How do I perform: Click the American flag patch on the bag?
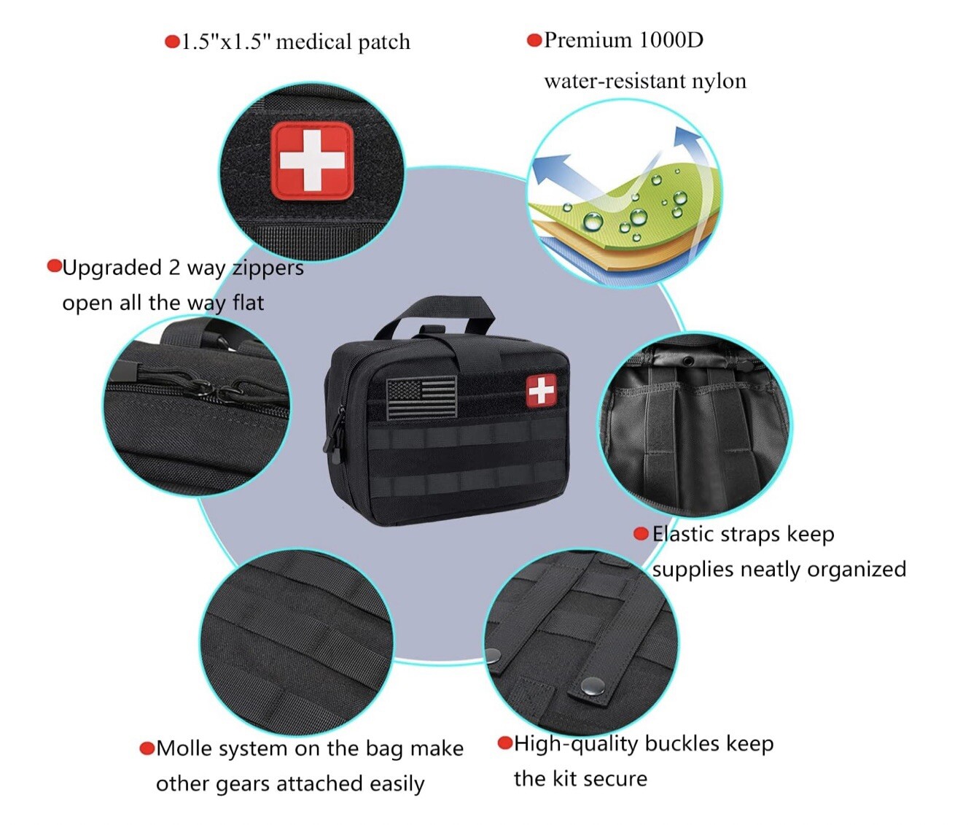pos(421,398)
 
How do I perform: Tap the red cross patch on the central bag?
pos(541,390)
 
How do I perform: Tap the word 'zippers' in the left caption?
pos(268,268)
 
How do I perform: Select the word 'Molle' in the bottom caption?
pos(184,749)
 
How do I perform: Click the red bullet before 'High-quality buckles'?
pos(504,743)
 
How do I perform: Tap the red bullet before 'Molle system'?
pos(147,748)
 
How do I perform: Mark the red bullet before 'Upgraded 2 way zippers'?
pos(54,266)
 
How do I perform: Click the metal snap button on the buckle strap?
pos(593,685)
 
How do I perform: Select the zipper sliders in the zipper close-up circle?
pos(219,391)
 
